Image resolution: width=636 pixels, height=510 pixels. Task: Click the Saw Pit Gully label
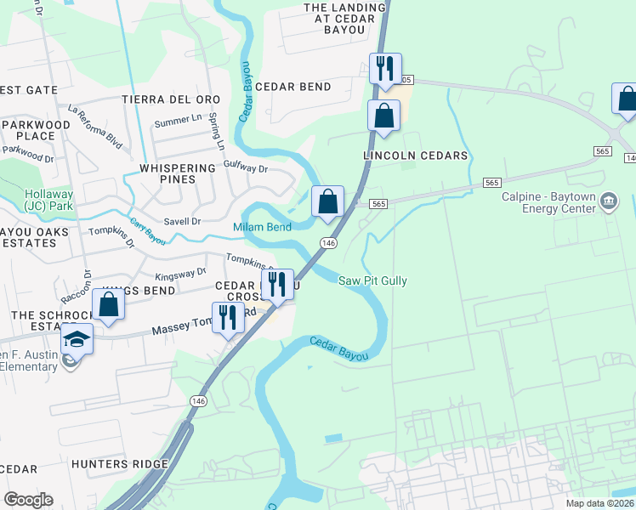(x=372, y=280)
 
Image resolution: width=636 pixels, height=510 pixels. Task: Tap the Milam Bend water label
(x=262, y=227)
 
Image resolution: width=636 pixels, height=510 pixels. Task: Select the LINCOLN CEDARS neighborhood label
(x=415, y=156)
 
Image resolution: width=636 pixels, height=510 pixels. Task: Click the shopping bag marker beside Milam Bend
(x=327, y=202)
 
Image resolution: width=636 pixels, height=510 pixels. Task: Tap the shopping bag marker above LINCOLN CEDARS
(x=383, y=116)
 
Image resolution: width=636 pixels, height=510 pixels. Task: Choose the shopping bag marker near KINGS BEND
(x=109, y=303)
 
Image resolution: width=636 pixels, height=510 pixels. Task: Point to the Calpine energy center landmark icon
(x=609, y=201)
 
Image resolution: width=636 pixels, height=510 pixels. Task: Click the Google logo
(x=28, y=500)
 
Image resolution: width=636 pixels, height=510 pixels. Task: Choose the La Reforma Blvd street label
(x=96, y=127)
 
